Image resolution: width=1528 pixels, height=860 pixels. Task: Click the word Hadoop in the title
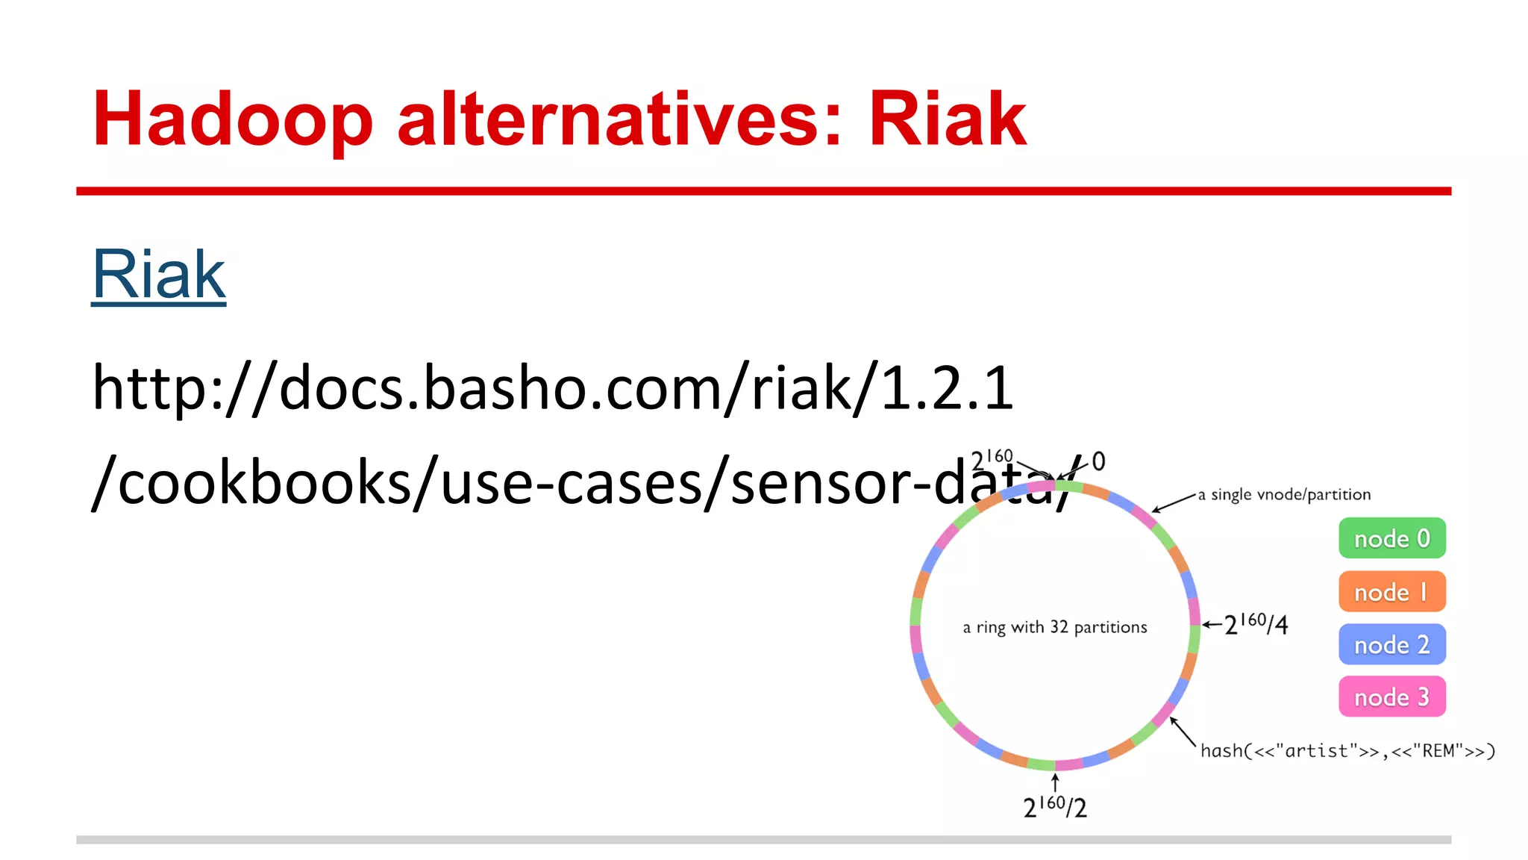232,119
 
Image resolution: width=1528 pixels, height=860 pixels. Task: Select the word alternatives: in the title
619,119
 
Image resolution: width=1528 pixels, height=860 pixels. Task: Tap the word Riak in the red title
948,119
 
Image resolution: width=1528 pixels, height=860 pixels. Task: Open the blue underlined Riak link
158,275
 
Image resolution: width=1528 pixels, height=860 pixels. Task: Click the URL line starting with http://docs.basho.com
552,388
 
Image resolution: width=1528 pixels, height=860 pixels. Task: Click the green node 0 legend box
1391,538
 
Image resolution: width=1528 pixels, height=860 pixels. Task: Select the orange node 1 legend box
1391,592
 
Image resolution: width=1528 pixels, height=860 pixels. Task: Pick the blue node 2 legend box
1391,644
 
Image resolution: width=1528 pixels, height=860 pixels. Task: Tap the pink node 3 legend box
1391,697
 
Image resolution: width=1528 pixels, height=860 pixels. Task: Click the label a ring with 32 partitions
1054,627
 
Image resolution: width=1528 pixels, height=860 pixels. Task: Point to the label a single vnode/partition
1284,494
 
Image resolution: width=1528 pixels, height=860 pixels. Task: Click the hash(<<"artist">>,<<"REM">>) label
1347,751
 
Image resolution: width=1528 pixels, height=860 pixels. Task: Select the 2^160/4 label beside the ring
1257,623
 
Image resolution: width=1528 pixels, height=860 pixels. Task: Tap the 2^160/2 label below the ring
1055,807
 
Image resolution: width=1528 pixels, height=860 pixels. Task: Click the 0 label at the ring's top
1098,461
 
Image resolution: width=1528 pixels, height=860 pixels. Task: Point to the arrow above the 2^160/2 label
1055,782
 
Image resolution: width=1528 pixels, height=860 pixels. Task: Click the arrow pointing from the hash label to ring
1183,731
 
